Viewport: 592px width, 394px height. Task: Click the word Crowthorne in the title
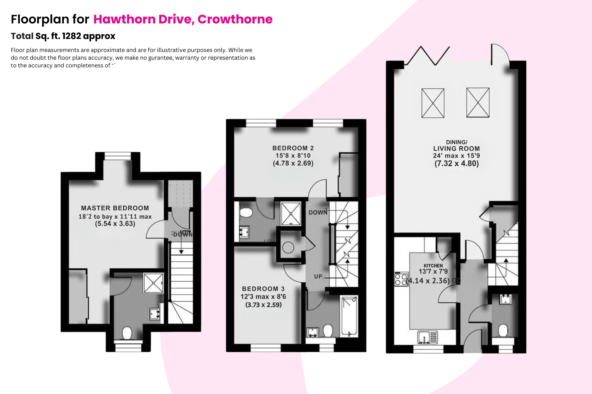click(235, 19)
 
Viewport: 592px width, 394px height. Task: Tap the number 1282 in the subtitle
click(71, 36)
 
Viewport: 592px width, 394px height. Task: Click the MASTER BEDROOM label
click(115, 208)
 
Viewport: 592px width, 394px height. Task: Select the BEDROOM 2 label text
click(293, 148)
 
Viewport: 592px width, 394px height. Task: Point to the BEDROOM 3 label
click(263, 289)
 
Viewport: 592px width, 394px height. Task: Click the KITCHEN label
click(433, 266)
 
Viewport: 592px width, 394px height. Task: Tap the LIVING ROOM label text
click(456, 148)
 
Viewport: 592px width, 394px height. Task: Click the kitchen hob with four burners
click(401, 279)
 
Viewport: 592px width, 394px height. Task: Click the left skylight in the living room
click(433, 103)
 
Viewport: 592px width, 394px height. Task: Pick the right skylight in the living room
click(478, 103)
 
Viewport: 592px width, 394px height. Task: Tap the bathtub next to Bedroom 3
click(349, 316)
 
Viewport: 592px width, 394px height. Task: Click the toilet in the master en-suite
click(127, 333)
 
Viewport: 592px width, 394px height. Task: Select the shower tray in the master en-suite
click(153, 283)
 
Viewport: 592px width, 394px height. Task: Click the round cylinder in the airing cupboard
click(288, 248)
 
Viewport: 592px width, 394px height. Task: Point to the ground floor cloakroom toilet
click(503, 330)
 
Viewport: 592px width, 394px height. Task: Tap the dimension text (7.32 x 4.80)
click(456, 163)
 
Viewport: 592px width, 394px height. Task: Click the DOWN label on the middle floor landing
click(318, 213)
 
